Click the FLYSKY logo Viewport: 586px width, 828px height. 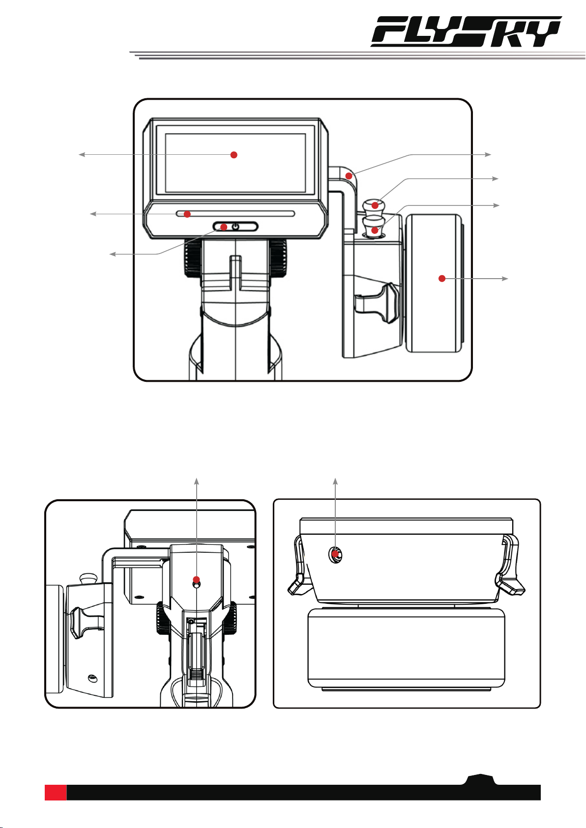466,32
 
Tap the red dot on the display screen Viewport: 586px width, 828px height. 234,155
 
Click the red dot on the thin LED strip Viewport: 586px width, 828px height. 187,214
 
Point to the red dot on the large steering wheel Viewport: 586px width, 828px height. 441,279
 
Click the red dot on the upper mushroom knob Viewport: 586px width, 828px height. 376,205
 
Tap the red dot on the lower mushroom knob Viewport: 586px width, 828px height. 375,229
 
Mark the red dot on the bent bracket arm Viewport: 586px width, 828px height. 349,176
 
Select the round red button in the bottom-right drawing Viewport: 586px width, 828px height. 336,555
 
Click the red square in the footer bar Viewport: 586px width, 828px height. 56,792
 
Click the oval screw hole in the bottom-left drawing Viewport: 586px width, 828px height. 91,678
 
